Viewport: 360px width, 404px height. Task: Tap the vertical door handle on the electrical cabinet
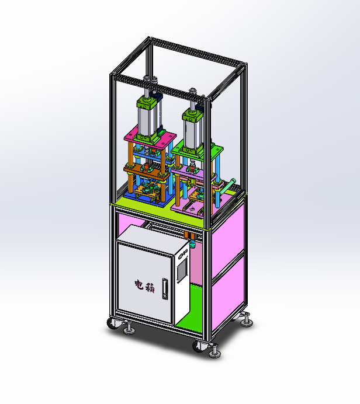click(165, 289)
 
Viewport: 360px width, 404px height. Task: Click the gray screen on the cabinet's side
click(182, 270)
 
